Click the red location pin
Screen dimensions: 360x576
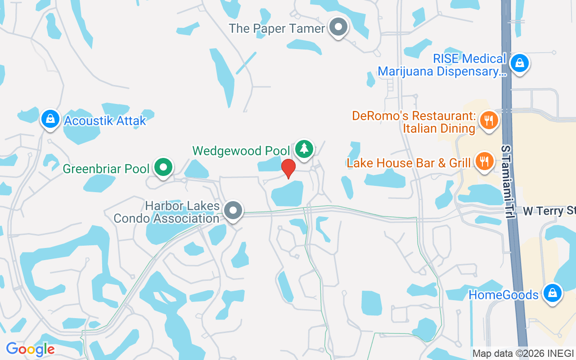[288, 168]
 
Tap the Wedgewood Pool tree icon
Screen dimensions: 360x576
[305, 148]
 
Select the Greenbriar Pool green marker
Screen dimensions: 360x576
[163, 167]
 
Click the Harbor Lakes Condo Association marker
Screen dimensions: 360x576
[233, 210]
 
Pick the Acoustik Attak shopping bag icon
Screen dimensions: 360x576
[50, 119]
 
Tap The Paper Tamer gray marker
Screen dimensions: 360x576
[338, 27]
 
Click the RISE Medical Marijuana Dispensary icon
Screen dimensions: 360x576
[519, 63]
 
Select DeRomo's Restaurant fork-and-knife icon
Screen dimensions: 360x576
[488, 120]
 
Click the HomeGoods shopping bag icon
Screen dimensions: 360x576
[552, 293]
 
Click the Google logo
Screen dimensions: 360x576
[30, 349]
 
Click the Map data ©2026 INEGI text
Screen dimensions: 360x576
[523, 353]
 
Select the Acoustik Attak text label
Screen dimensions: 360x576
[105, 121]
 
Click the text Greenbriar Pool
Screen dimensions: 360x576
[106, 169]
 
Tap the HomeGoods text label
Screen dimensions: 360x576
[504, 295]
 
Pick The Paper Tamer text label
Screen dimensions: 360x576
[277, 28]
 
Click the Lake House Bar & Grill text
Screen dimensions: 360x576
[409, 162]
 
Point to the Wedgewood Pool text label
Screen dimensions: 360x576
[241, 150]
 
